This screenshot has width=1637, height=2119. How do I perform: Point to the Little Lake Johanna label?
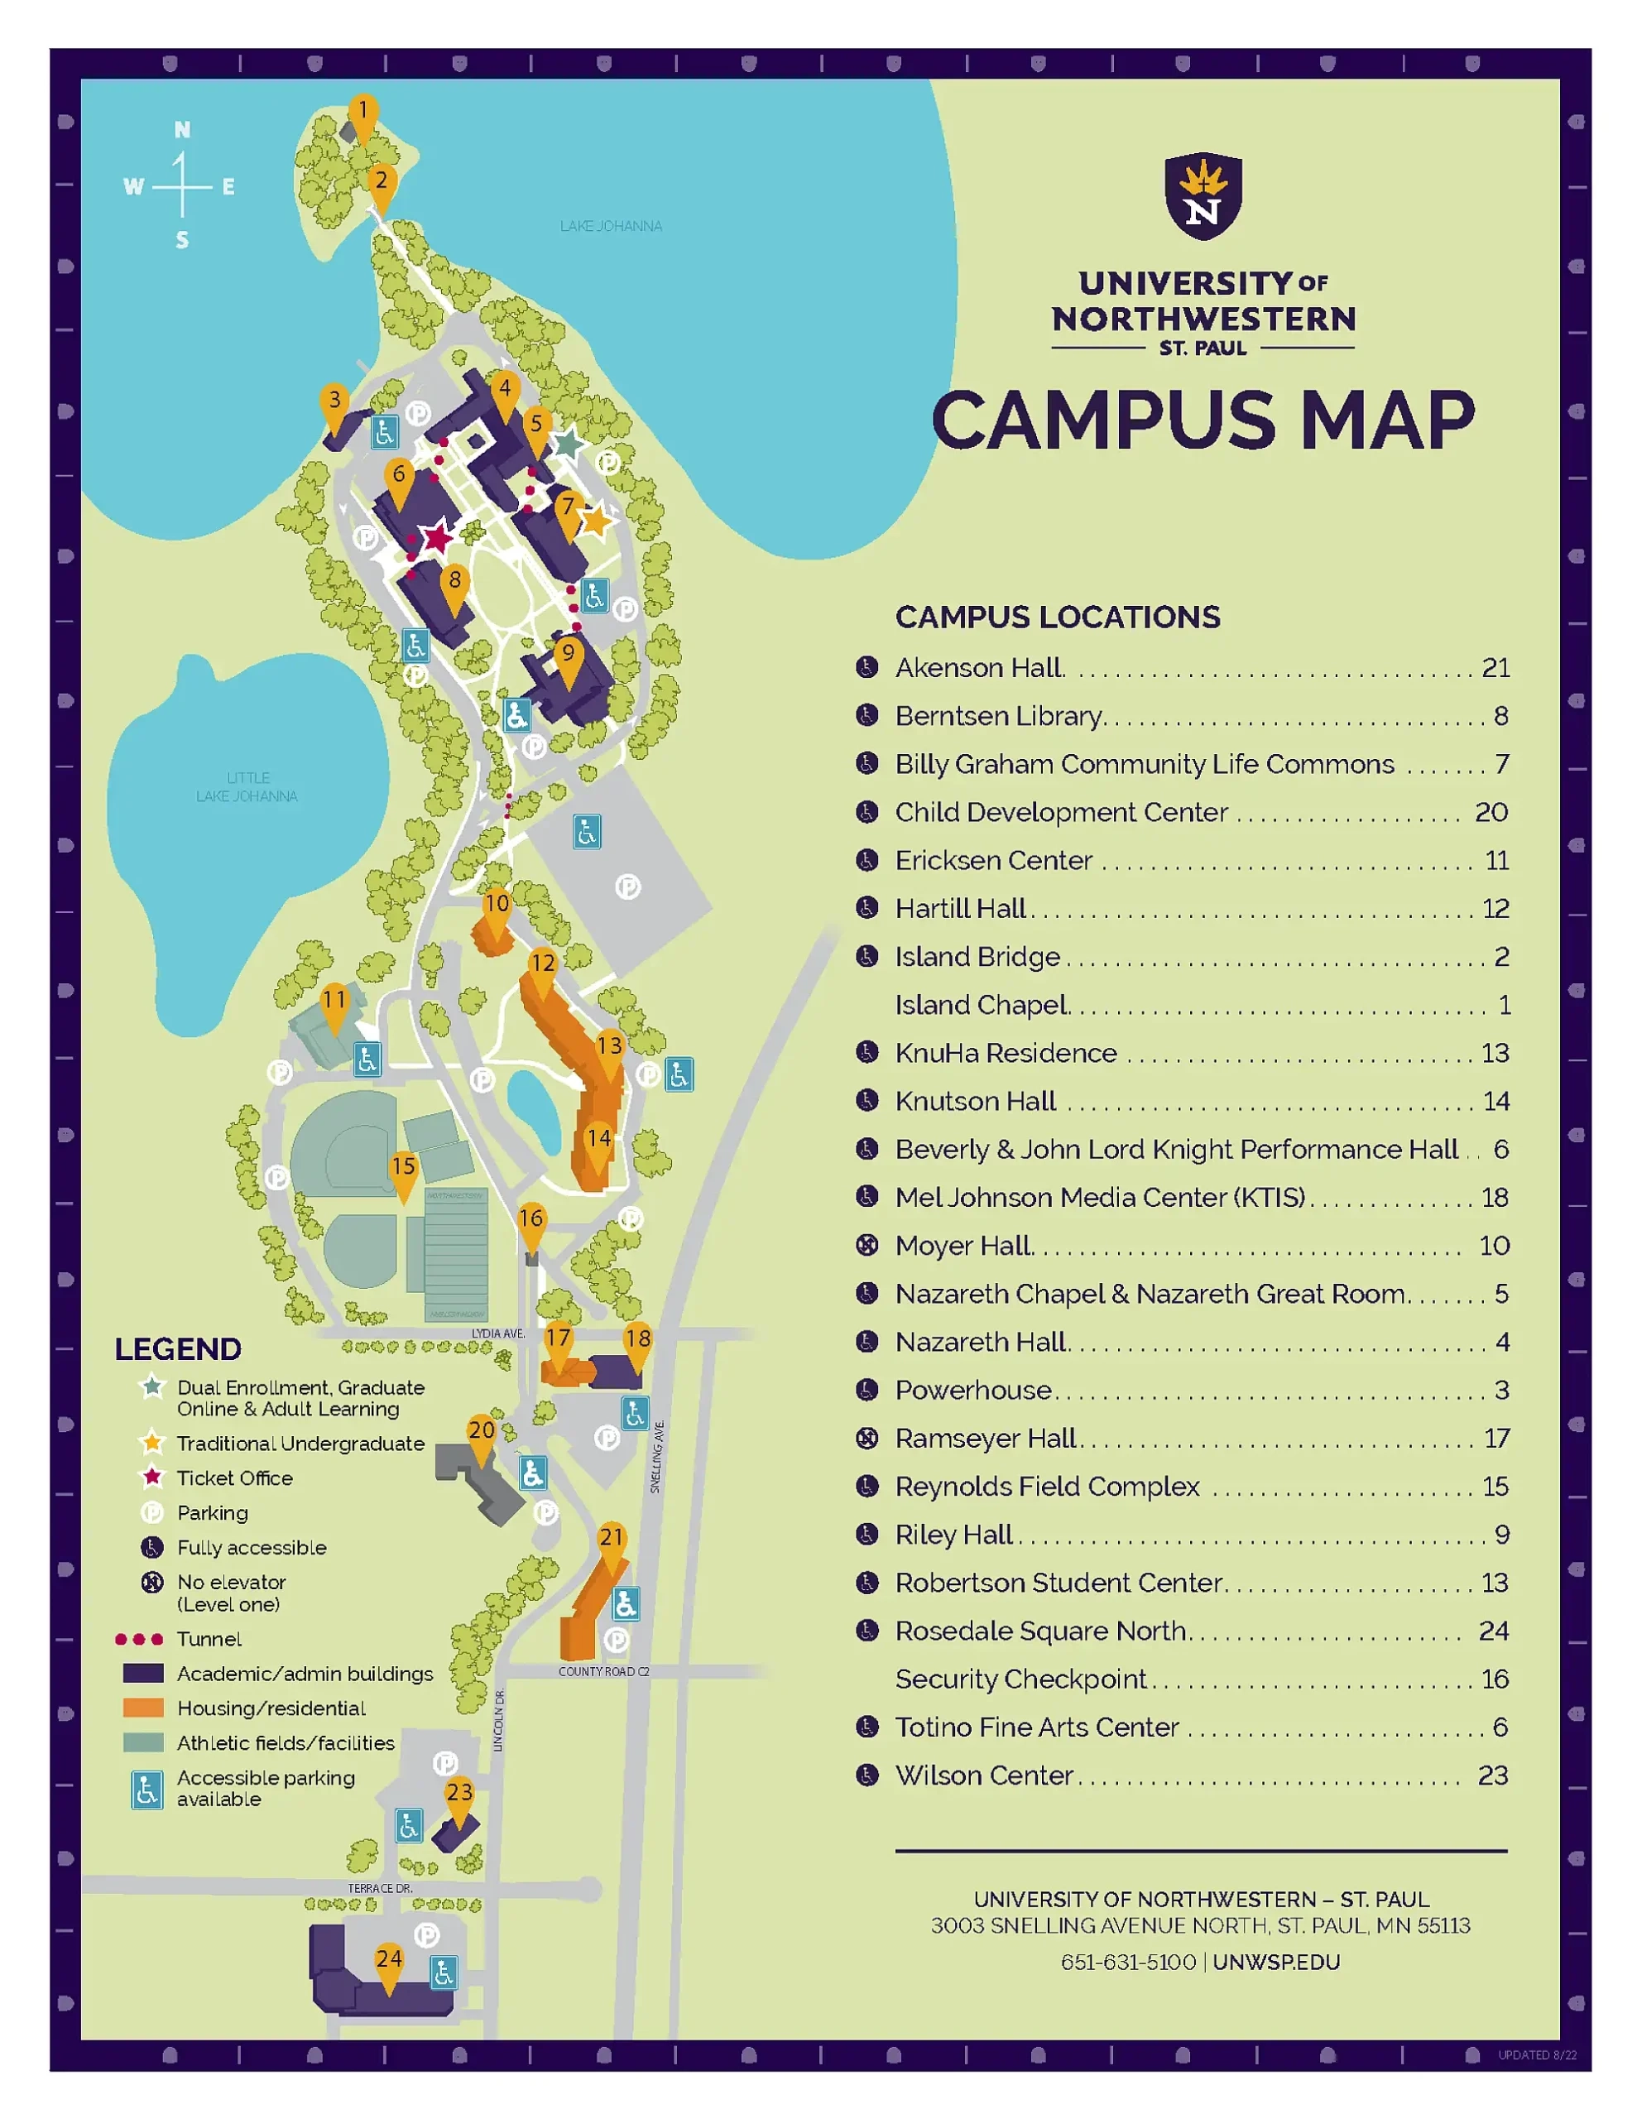pos(247,787)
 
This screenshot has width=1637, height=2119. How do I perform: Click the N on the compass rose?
pos(182,130)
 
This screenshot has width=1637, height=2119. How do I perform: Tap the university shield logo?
pos(1203,195)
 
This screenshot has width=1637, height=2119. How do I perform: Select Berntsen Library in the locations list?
pos(998,716)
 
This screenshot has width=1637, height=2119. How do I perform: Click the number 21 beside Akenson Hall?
pos(1495,667)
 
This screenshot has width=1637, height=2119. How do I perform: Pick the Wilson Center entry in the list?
pos(983,1775)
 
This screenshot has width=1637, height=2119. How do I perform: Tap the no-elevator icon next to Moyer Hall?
pos(867,1246)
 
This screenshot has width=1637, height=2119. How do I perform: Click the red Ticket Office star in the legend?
pos(152,1478)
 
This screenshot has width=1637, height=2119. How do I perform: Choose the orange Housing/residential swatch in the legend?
pos(142,1708)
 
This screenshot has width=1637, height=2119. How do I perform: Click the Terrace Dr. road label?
pos(381,1888)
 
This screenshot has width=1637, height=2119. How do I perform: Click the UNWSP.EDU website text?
pos(1276,1962)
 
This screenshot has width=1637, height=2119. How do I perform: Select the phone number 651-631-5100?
pos(1127,1962)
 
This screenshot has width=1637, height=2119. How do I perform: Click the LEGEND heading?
pos(178,1349)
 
